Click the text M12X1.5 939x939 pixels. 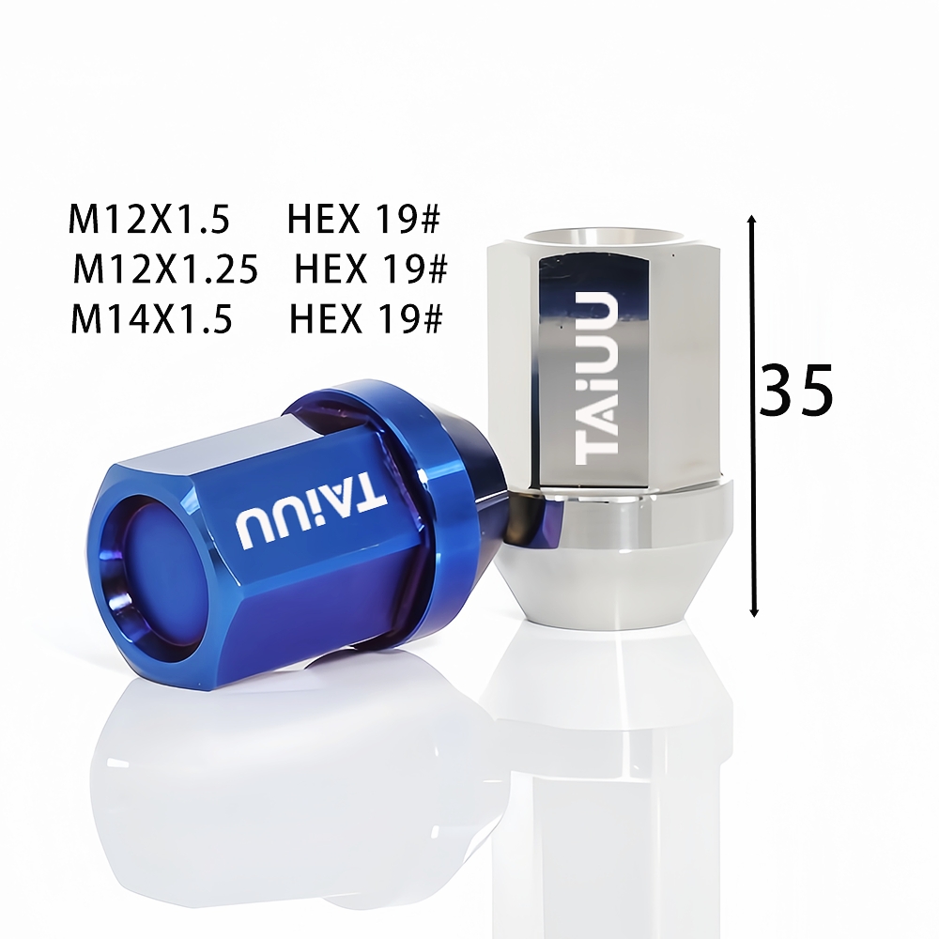point(149,219)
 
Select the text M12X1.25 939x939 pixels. point(166,269)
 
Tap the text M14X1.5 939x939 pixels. point(151,318)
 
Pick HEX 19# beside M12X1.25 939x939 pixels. point(371,269)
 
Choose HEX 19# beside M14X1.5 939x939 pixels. point(366,318)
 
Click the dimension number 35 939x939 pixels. point(796,391)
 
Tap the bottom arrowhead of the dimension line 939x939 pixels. point(754,612)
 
